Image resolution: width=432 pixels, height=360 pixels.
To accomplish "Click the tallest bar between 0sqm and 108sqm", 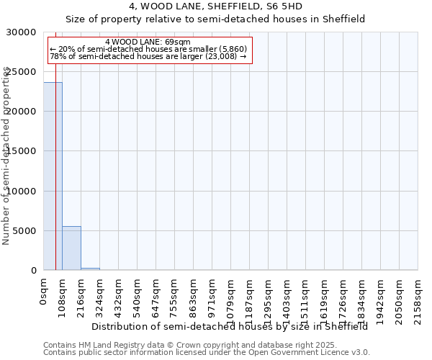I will click(x=53, y=176).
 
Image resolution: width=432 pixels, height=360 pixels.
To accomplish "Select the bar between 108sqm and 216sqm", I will click(x=71, y=248).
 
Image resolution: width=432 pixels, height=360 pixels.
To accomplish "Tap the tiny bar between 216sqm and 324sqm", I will click(x=90, y=269).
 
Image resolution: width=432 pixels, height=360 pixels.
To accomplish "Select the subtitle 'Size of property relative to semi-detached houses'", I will click(x=215, y=19).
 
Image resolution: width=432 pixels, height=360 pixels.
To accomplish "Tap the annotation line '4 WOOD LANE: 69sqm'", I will click(x=148, y=42).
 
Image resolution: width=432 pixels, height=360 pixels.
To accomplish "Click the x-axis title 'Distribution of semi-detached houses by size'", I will click(x=230, y=326).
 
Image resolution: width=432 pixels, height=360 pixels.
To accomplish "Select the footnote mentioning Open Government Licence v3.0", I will click(x=207, y=353).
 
